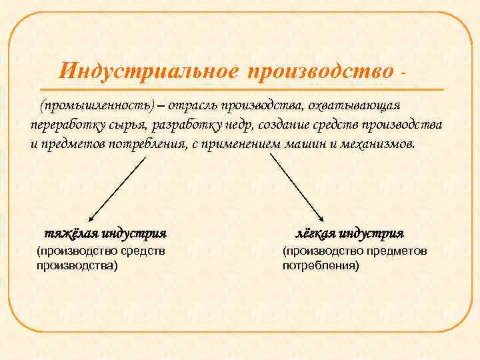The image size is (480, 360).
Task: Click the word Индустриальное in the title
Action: click(x=147, y=70)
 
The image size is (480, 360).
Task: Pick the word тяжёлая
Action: click(x=71, y=234)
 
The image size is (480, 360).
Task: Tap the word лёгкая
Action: click(x=315, y=234)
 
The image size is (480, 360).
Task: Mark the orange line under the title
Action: click(x=240, y=89)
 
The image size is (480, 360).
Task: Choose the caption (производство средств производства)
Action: click(x=100, y=257)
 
